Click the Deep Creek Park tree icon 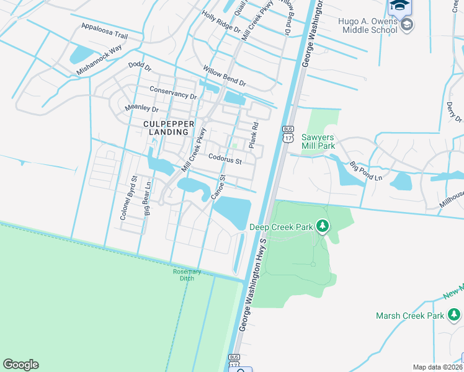(322, 226)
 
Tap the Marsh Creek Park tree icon (453, 316)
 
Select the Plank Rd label (253, 135)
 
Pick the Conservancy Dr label (173, 96)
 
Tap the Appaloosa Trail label (104, 32)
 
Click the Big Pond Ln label (365, 172)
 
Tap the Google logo (20, 365)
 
